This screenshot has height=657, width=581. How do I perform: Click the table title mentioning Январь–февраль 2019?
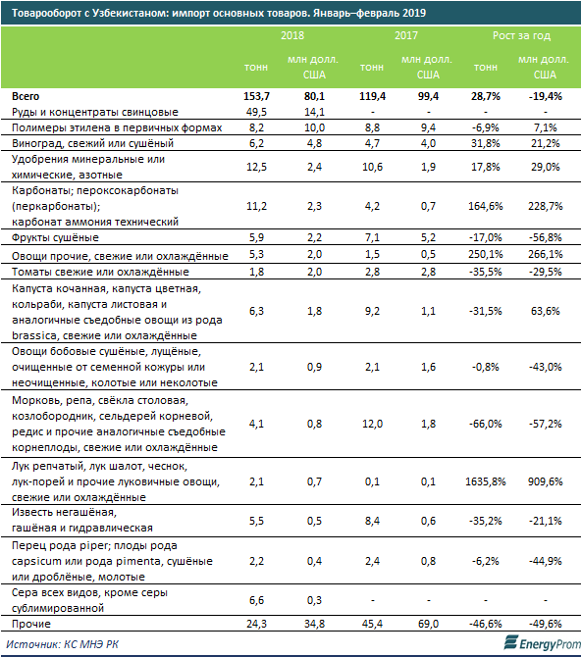pos(219,13)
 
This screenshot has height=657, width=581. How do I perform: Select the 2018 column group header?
pos(292,35)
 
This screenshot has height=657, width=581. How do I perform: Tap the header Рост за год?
pos(521,35)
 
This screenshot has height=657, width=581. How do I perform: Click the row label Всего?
pos(26,96)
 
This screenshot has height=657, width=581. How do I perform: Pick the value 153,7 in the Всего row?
pos(256,96)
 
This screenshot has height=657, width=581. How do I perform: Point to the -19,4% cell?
pos(545,96)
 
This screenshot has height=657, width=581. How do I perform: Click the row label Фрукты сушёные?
pos(55,237)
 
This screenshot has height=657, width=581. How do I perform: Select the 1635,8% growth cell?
pos(486,481)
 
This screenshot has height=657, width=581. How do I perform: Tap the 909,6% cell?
pos(545,481)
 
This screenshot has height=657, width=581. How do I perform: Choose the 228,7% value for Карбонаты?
pos(545,206)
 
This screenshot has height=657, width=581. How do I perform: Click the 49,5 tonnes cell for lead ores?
pos(256,112)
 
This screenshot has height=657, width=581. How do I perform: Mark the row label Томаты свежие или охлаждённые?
pos(100,272)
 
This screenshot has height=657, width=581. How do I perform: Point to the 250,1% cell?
pos(486,254)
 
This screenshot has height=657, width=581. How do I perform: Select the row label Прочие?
pos(31,624)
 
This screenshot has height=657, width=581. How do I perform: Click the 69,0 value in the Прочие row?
pos(428,624)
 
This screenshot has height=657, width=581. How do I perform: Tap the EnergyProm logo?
pos(541,643)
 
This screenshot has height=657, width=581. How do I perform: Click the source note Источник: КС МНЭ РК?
pos(63,644)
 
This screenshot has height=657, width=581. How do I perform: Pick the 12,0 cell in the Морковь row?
pos(372,424)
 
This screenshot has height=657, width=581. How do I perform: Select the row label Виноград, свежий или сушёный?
pos(92,143)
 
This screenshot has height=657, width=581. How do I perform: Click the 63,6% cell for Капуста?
pos(545,311)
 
